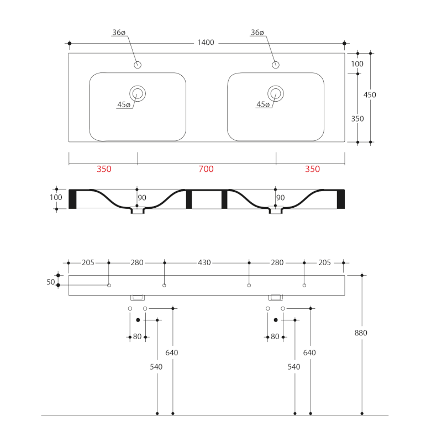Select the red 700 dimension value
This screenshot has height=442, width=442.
[206, 170]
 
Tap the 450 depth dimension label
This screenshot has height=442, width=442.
[370, 95]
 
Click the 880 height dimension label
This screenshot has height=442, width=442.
[361, 333]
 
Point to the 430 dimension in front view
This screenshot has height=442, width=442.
[204, 263]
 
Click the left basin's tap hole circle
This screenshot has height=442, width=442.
[138, 65]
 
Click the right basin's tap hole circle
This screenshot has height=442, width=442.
[275, 65]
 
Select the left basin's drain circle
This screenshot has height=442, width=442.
[138, 93]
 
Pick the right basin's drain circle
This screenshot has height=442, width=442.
[275, 93]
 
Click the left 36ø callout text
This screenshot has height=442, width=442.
[119, 33]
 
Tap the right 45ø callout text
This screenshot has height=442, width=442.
[264, 104]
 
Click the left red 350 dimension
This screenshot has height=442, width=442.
[104, 170]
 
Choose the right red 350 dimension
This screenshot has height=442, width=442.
[312, 170]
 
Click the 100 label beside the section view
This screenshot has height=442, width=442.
[56, 197]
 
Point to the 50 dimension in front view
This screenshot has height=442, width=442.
[51, 282]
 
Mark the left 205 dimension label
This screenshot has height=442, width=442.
[88, 263]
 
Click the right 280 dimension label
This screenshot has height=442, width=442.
[276, 263]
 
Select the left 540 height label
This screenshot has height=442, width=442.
[156, 367]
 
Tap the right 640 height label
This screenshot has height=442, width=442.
[309, 353]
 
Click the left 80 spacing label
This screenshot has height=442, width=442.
[137, 336]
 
